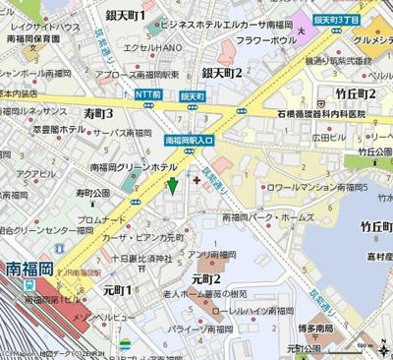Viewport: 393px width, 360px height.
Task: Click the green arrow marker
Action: pyautogui.click(x=173, y=183)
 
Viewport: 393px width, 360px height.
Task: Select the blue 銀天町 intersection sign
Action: pyautogui.click(x=192, y=95)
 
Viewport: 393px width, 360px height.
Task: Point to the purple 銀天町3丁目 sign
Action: pyautogui.click(x=336, y=19)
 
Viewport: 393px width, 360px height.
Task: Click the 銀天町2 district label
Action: pyautogui.click(x=222, y=72)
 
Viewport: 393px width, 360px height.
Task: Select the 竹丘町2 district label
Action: pyautogui.click(x=356, y=92)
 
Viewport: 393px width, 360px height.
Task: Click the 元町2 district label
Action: pyautogui.click(x=205, y=279)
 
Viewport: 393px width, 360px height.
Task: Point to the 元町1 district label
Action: pyautogui.click(x=117, y=290)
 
